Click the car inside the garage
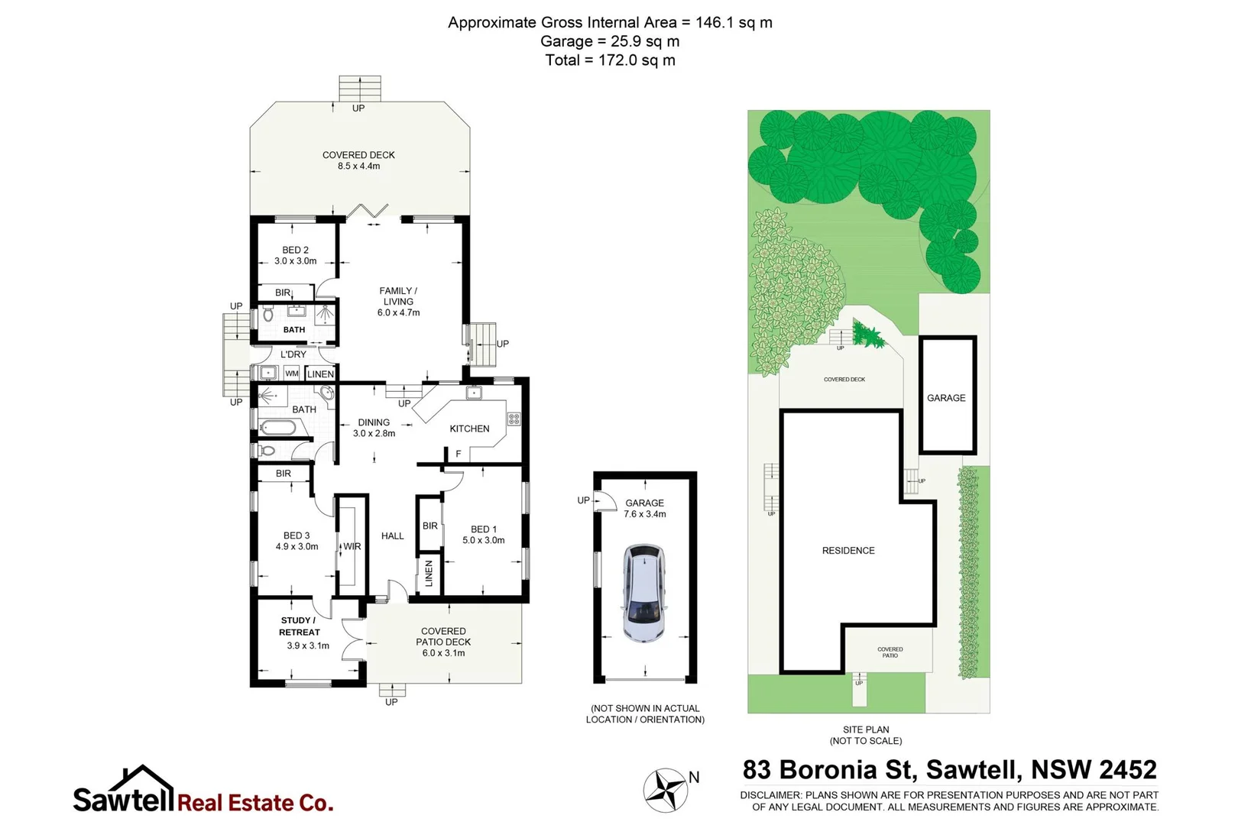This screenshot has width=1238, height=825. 644,593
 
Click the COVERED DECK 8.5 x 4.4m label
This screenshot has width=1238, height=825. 358,160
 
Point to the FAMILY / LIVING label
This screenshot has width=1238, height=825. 398,301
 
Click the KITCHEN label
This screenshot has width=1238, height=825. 469,429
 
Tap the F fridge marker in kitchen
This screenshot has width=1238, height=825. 459,454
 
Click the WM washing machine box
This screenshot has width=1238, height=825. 292,374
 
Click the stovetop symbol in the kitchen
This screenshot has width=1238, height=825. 514,419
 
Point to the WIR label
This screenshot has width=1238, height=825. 352,546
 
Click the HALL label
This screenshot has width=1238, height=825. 392,536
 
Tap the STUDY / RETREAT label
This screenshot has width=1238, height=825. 299,626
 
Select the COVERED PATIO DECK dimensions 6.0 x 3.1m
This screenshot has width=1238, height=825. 443,653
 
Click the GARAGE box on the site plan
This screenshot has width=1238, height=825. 947,396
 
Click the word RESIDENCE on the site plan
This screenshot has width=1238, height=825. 848,551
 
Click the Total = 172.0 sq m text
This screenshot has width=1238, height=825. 610,60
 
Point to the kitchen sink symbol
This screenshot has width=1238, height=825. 474,393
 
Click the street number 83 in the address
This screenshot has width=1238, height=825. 757,769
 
